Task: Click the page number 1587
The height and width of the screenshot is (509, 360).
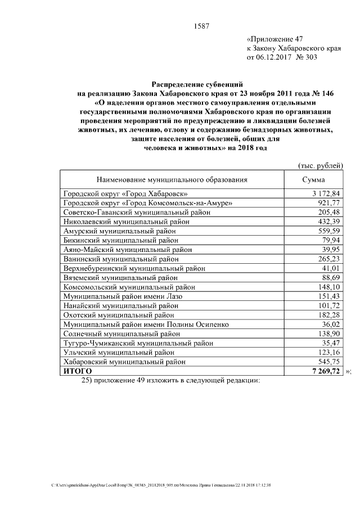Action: [201, 26]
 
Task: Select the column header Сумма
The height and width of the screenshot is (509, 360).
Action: [313, 180]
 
